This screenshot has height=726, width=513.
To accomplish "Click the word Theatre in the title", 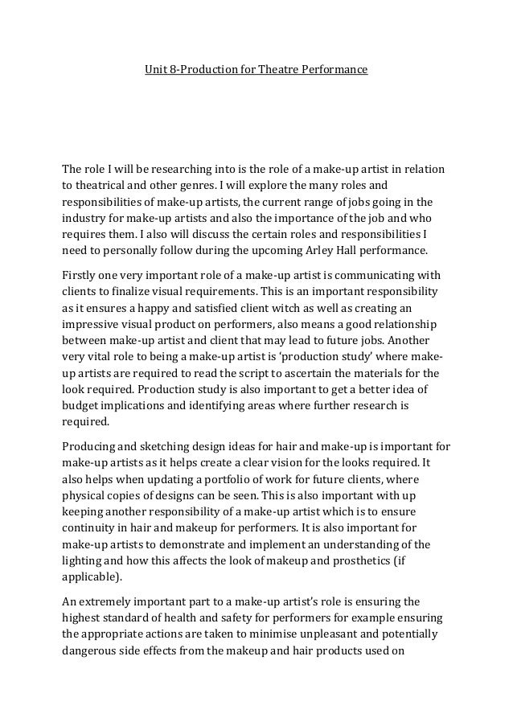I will coord(277,71).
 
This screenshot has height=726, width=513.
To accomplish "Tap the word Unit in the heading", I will coord(154,71).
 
